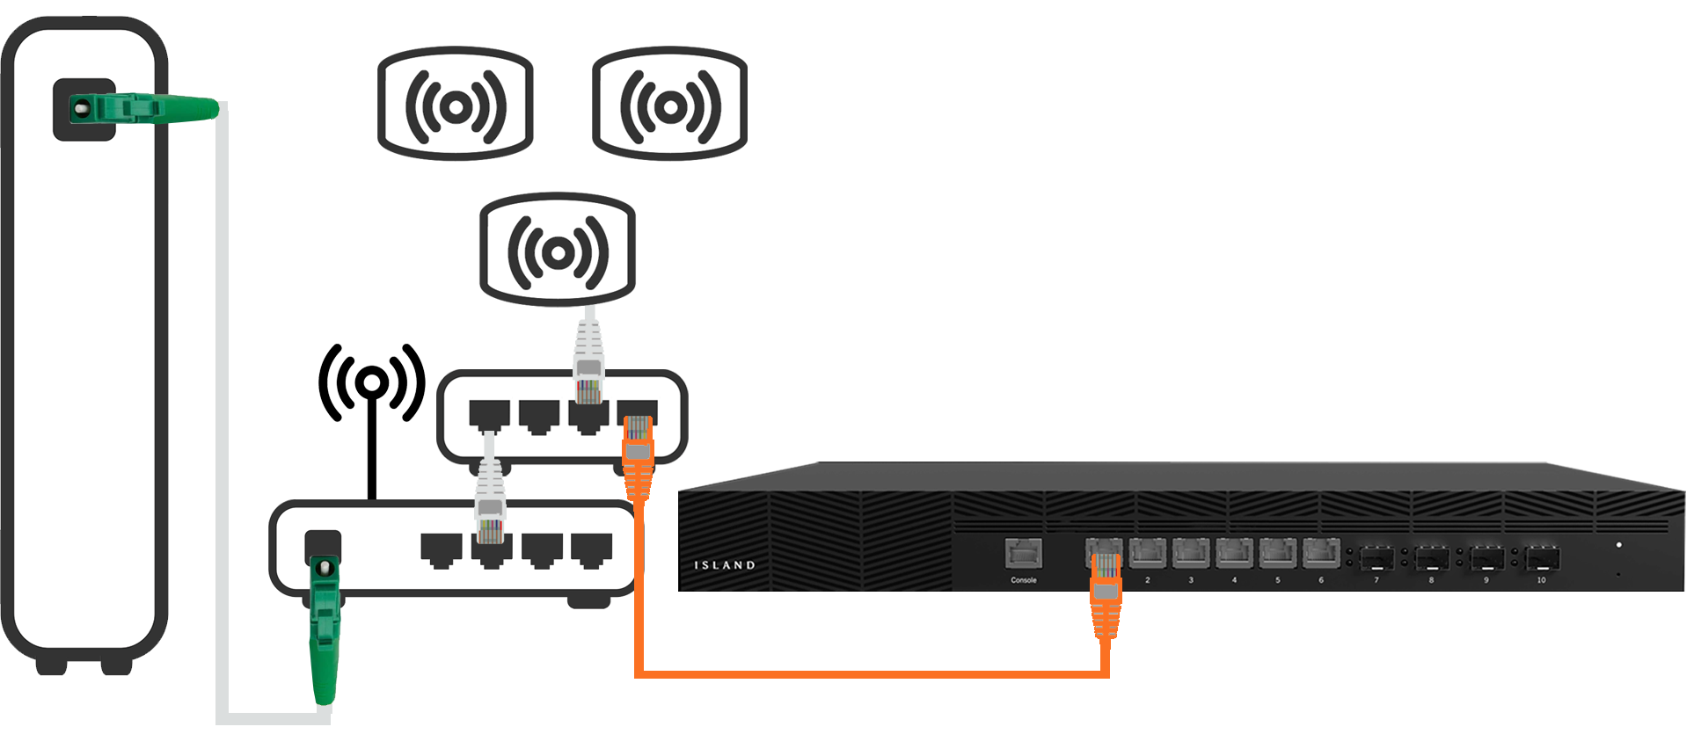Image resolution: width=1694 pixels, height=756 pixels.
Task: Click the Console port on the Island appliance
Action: point(1024,555)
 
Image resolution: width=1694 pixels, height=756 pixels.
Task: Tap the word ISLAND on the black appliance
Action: point(724,565)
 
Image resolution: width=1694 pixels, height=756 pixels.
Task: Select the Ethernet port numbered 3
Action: point(1190,554)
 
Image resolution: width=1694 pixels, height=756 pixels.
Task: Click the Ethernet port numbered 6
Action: point(1320,554)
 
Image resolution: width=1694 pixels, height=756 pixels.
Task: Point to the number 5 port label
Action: point(1277,580)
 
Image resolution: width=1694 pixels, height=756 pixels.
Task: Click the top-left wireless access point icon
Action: point(455,105)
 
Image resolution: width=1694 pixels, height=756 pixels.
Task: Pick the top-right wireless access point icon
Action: point(670,105)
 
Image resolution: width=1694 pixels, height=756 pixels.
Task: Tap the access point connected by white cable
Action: point(557,253)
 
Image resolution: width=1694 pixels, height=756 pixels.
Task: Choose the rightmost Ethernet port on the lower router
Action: point(591,549)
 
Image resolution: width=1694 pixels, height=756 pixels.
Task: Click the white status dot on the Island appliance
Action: point(1618,545)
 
